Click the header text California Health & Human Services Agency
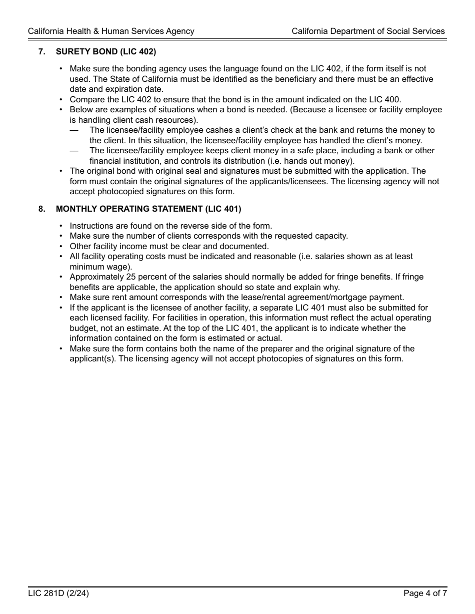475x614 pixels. [111, 31]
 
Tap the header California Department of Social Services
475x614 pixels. [368, 31]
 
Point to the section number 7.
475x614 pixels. [42, 51]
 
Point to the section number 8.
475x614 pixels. [42, 209]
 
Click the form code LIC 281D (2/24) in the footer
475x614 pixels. [58, 594]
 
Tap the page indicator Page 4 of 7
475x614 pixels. [425, 594]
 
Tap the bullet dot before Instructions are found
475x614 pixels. [61, 226]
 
